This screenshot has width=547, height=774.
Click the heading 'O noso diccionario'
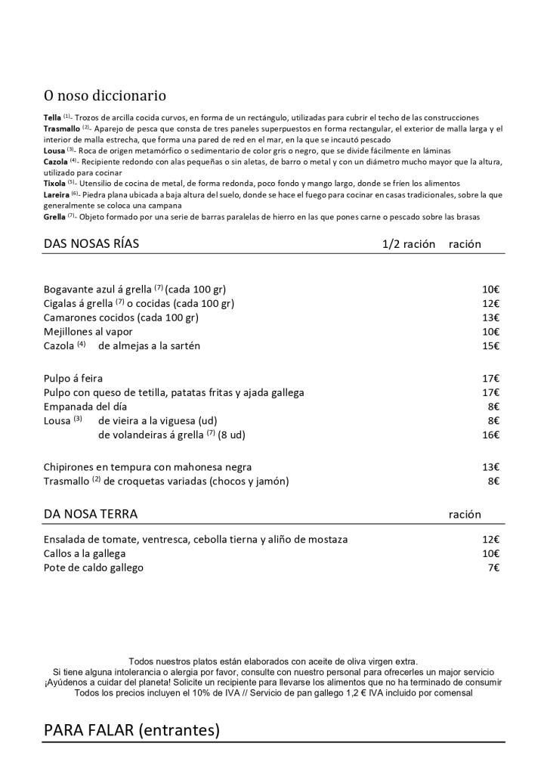coord(105,96)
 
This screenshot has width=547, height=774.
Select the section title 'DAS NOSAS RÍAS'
coord(91,244)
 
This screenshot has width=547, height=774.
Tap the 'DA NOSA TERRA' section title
coord(91,514)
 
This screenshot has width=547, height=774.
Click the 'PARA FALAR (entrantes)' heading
coord(131,730)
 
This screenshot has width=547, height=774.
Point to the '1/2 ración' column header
coord(409,244)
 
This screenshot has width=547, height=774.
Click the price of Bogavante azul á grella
coord(491,289)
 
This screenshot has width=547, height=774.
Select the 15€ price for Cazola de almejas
coord(491,345)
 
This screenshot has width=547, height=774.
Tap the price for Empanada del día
coord(494,406)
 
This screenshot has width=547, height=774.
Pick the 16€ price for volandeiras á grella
coord(491,435)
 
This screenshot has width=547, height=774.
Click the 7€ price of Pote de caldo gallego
coord(494,568)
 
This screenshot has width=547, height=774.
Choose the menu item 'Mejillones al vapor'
coord(88,331)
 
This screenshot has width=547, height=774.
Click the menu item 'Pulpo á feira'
coord(73,378)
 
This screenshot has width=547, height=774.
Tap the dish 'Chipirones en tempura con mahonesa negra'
coord(148,466)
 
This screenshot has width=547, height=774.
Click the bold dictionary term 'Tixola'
coord(54,183)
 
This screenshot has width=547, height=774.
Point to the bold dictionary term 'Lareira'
coord(57,194)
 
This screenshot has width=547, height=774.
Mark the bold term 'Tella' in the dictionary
coord(52,117)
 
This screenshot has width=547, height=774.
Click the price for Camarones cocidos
coord(491,317)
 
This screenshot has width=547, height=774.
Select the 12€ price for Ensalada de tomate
coord(491,539)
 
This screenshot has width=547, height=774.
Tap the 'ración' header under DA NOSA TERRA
coord(465,514)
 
